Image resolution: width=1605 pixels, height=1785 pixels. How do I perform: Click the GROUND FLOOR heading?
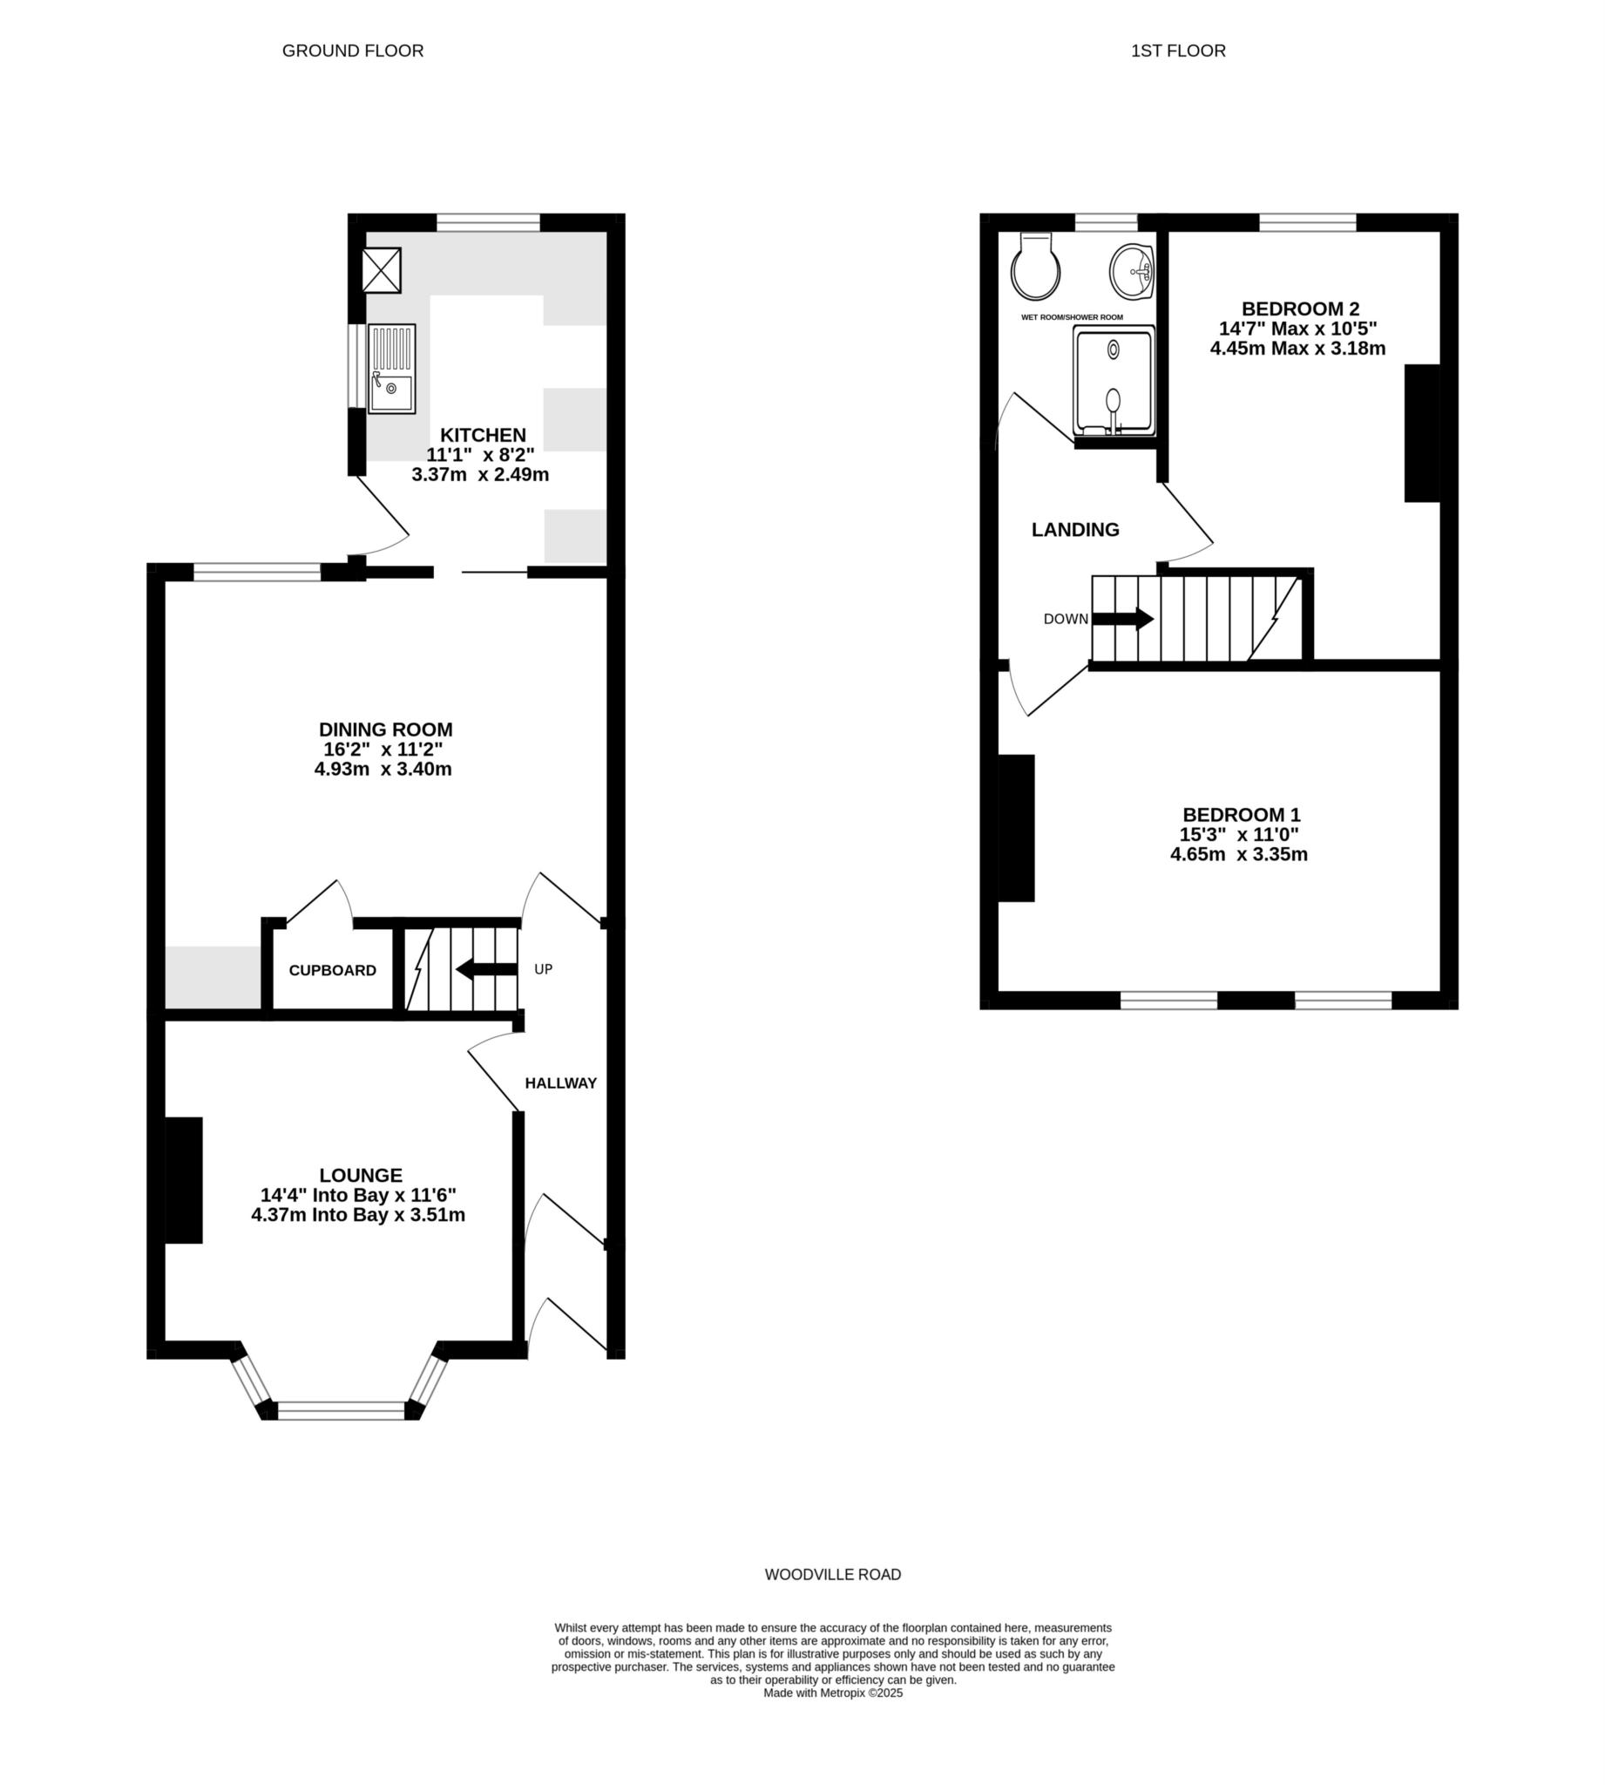[353, 51]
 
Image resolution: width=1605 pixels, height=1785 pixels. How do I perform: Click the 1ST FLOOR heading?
[1177, 51]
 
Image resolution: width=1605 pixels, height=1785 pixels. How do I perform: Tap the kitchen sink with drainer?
[391, 369]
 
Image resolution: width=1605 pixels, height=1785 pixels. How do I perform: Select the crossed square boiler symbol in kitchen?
[382, 270]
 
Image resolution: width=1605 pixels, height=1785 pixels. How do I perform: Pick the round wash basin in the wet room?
[1132, 271]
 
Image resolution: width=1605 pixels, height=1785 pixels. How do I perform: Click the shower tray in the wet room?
[1113, 381]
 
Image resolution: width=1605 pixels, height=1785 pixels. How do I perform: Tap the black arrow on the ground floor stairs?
[485, 970]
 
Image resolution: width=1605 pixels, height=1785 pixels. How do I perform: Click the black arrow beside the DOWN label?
[1122, 619]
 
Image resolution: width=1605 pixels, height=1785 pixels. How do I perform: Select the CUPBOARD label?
[333, 970]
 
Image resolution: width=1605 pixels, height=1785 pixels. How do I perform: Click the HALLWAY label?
[561, 1083]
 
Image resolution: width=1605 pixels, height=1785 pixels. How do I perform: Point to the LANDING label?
[1075, 530]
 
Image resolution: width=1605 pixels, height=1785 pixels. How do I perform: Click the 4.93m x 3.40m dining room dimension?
[383, 769]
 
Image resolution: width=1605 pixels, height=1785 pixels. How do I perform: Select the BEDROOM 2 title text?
[1300, 309]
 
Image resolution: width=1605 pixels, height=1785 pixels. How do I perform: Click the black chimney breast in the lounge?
[184, 1180]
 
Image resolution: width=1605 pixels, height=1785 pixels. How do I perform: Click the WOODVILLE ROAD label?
[832, 1574]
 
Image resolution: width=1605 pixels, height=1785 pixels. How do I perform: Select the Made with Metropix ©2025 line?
[832, 1693]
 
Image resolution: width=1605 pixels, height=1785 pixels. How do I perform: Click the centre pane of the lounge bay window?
[341, 1411]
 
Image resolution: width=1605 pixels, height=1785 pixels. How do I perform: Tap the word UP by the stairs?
[543, 969]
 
